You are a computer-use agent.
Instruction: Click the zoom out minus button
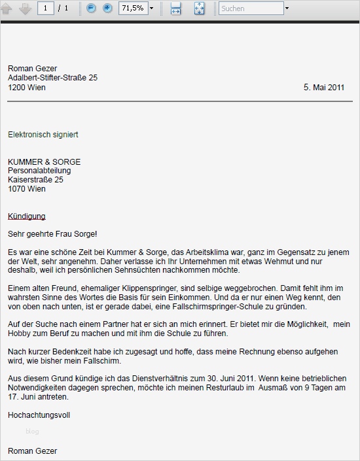coord(91,9)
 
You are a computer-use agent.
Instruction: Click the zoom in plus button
coord(107,9)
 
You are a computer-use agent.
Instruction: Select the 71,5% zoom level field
coord(133,9)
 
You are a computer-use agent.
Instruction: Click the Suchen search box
coord(251,9)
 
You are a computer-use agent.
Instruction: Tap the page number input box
coord(46,9)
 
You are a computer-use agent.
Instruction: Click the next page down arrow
coord(25,9)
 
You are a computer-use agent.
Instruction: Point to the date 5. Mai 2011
coord(324,87)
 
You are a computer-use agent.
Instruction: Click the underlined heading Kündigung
coord(27,216)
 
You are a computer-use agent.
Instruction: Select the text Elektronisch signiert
coord(43,135)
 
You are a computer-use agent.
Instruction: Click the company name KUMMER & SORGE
coord(45,162)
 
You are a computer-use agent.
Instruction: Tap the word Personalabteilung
coord(39,171)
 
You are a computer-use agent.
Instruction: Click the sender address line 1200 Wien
coord(27,87)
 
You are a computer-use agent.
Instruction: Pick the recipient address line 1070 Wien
coord(27,189)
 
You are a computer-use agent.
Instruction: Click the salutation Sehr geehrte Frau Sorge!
coord(52,233)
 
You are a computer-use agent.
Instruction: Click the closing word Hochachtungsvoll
coord(39,415)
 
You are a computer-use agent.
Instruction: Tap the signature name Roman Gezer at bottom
coord(33,451)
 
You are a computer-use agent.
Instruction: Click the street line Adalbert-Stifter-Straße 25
coord(53,78)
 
